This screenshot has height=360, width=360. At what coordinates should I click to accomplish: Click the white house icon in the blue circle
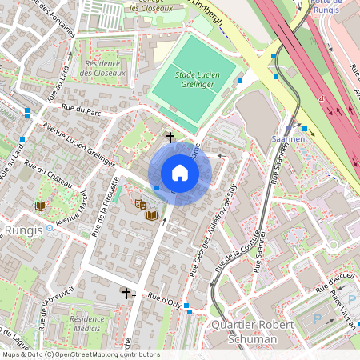(180, 173)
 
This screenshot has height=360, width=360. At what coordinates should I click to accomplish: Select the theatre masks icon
(139, 205)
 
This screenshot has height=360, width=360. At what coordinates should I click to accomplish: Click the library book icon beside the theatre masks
(151, 214)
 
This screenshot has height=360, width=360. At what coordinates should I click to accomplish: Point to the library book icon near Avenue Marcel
(40, 206)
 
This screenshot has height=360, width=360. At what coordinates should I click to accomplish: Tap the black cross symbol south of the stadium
(170, 137)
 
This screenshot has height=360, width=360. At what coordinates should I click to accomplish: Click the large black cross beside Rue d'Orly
(125, 294)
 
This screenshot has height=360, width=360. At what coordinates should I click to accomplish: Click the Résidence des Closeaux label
(103, 68)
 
